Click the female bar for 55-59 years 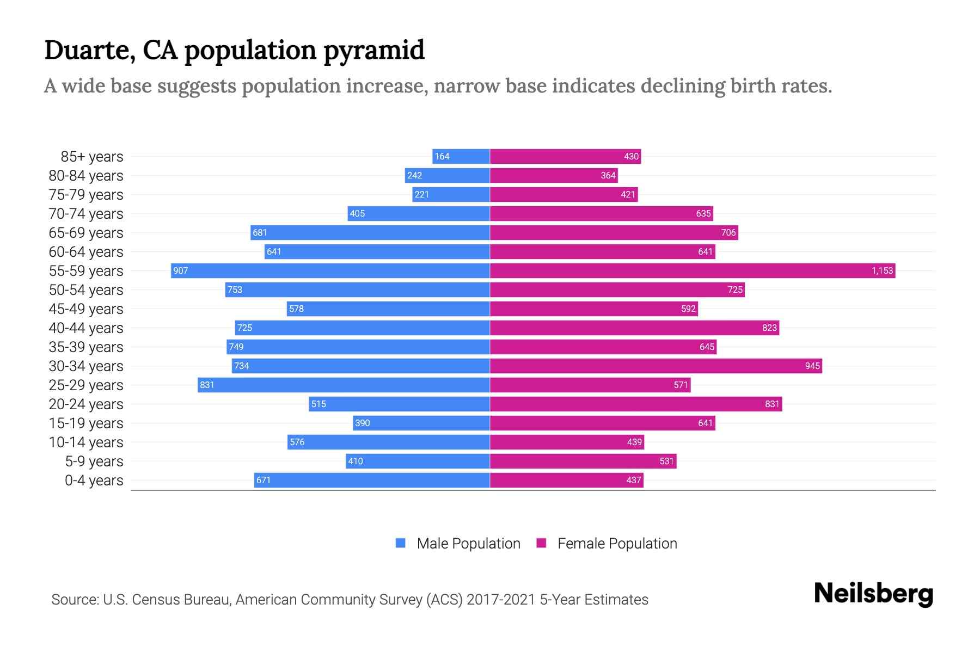click(693, 270)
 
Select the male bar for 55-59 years click(330, 270)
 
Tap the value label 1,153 click(882, 270)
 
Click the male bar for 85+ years click(461, 156)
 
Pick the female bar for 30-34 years click(656, 366)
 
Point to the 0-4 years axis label click(94, 480)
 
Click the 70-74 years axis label click(86, 214)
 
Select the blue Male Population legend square click(401, 543)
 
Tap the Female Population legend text click(617, 544)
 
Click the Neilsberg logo click(873, 594)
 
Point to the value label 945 click(812, 366)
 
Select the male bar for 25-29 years click(344, 385)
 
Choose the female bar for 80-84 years click(554, 175)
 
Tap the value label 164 click(442, 156)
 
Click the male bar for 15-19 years click(421, 423)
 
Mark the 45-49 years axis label click(86, 309)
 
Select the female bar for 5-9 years click(583, 461)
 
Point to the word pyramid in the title click(373, 50)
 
